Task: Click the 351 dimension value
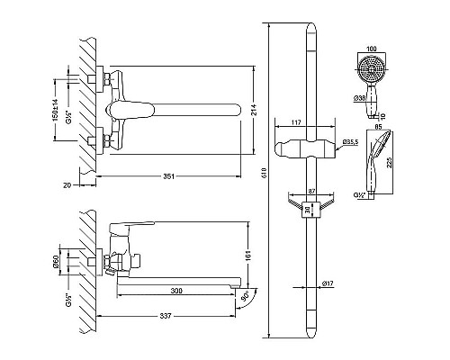click(169, 176)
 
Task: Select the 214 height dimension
click(253, 110)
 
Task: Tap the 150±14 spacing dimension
click(56, 110)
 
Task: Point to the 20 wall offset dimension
click(67, 185)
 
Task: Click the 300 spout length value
click(176, 291)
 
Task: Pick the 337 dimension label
click(166, 316)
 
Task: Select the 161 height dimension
click(247, 255)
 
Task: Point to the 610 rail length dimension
click(265, 174)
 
